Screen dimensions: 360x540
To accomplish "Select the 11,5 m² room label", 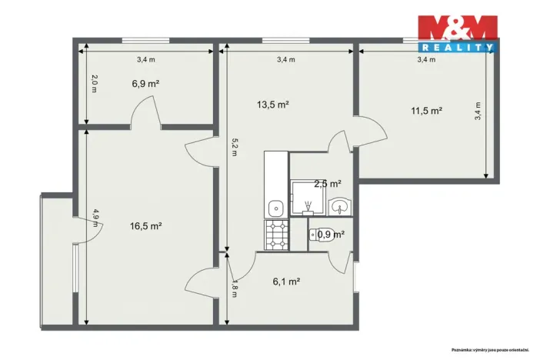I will click(x=426, y=111).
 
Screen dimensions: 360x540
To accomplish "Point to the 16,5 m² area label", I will click(x=145, y=226).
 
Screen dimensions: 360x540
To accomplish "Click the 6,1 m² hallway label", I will click(x=285, y=282).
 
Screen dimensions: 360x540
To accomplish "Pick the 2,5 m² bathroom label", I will click(x=327, y=184).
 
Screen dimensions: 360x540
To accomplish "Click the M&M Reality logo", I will click(x=457, y=34).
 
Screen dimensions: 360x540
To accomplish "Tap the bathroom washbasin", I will click(x=339, y=206).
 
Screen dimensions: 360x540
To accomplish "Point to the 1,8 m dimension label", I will click(x=234, y=288).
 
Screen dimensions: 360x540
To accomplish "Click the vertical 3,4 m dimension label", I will click(x=478, y=112).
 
